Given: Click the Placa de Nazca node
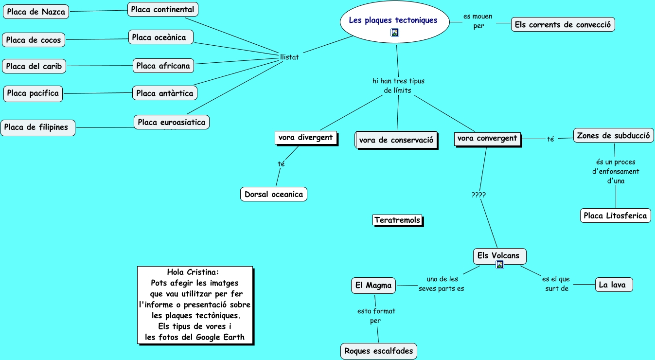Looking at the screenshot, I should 36,12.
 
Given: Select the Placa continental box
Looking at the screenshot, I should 163,9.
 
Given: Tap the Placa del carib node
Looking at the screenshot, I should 34,66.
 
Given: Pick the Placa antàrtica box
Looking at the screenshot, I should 165,93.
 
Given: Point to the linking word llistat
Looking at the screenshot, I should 289,57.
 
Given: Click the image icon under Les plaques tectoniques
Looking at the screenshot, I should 395,33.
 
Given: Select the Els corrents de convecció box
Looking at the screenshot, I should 563,25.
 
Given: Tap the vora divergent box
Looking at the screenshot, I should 305,138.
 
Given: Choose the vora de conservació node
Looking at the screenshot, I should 396,140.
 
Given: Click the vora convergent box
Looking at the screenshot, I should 487,139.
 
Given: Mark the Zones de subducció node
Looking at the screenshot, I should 613,136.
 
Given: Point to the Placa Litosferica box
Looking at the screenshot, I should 615,216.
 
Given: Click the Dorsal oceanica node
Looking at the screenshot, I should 274,194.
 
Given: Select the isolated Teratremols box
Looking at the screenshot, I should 397,220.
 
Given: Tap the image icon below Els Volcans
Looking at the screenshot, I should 500,265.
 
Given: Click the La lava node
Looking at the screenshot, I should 614,285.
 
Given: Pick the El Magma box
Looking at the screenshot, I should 373,286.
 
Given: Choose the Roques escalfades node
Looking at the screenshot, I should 379,351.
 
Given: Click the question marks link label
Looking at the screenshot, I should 478,195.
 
